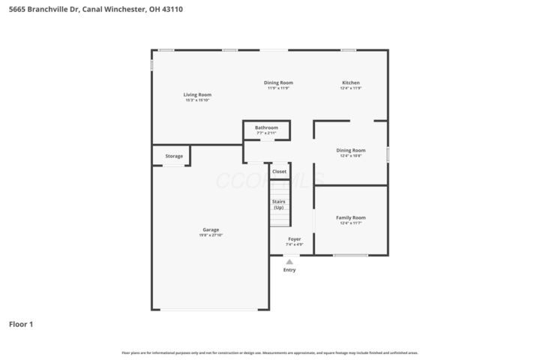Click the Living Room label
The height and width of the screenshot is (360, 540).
click(198, 94)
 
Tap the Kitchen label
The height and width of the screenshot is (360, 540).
click(351, 82)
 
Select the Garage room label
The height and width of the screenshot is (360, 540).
click(211, 229)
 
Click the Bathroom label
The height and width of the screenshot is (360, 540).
click(266, 127)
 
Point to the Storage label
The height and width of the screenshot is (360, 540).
click(174, 156)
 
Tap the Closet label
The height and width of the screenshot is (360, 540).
click(279, 172)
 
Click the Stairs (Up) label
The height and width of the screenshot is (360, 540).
click(278, 204)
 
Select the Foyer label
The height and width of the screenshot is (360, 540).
click(295, 239)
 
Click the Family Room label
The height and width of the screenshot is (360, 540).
click(351, 217)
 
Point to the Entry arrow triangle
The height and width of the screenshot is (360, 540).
click(289, 262)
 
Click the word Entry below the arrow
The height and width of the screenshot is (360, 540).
click(289, 270)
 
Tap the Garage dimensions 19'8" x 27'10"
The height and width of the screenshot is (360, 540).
click(211, 235)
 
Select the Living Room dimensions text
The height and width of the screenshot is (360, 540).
click(198, 100)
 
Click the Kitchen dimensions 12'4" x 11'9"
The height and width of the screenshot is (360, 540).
click(351, 88)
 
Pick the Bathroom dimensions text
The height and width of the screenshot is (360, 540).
click(266, 133)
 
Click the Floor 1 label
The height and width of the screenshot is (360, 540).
click(21, 325)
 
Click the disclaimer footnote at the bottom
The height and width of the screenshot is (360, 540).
click(270, 352)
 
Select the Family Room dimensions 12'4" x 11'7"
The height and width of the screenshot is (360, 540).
click(351, 223)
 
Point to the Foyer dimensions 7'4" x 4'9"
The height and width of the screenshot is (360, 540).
click(295, 244)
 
